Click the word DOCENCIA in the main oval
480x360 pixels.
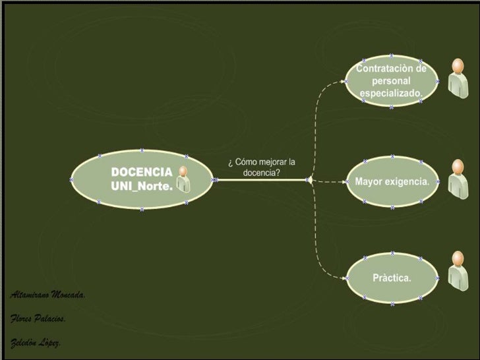click(x=141, y=172)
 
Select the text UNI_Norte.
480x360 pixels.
click(x=141, y=186)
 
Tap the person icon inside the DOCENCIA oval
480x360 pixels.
click(x=183, y=179)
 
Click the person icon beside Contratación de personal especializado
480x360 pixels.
click(x=457, y=77)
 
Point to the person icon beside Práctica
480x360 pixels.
click(x=457, y=270)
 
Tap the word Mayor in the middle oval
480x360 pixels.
click(x=369, y=181)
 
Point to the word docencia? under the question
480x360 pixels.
click(x=262, y=173)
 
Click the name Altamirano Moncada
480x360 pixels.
click(x=47, y=295)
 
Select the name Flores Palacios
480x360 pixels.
click(x=38, y=319)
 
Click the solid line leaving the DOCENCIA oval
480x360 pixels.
click(x=260, y=179)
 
